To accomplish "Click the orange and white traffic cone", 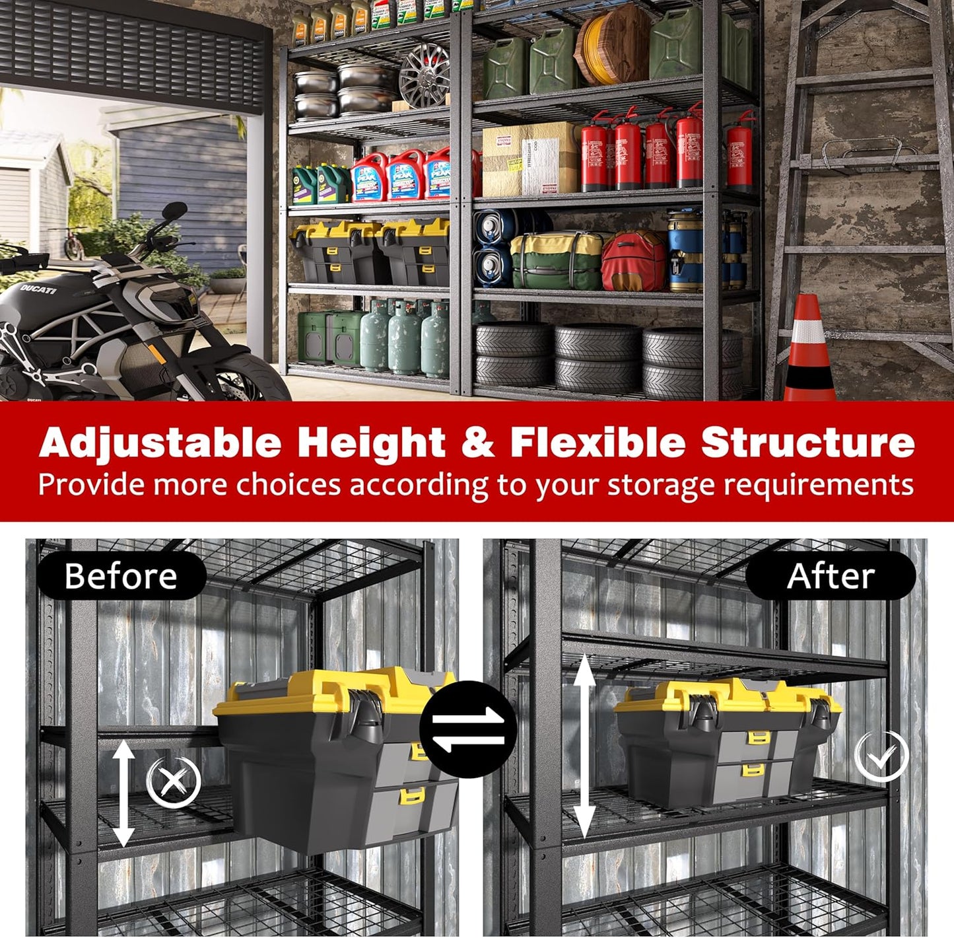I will click(809, 350).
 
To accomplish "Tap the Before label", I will click(121, 576).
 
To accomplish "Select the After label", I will click(831, 576).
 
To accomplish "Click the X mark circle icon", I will click(173, 782).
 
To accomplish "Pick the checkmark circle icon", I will click(881, 756).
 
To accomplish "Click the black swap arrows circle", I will click(468, 729).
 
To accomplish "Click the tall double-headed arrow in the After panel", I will click(584, 746).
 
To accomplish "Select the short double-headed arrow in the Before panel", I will click(123, 793).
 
